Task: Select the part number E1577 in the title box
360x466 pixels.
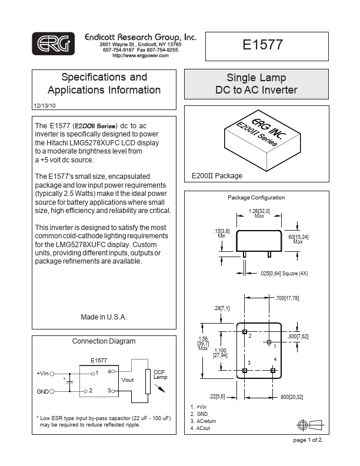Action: [263, 45]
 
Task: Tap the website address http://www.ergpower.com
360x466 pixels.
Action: [140, 55]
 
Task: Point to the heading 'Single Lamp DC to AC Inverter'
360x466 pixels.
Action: [256, 84]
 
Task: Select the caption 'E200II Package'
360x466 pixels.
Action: [217, 176]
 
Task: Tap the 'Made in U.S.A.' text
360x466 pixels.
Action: [104, 317]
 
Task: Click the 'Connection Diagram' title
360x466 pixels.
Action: [104, 341]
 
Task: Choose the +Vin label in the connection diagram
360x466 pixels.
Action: [42, 373]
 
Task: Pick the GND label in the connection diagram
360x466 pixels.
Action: [43, 391]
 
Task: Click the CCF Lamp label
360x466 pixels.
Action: [161, 374]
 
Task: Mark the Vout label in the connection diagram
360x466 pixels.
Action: [128, 380]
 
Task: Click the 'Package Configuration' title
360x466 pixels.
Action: [256, 198]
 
